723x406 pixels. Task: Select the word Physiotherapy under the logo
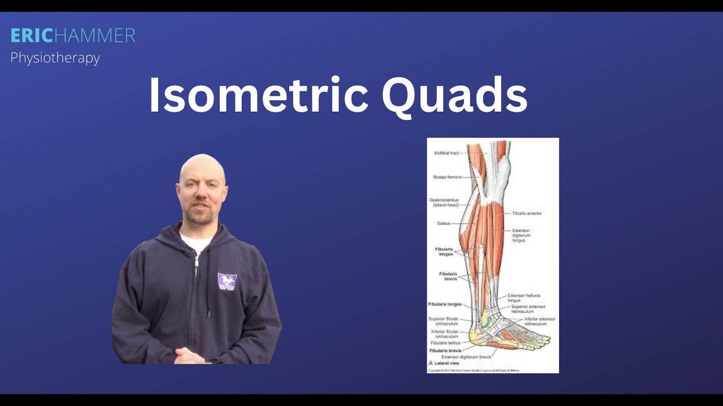[x=55, y=58]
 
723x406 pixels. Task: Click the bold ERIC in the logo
[x=32, y=36]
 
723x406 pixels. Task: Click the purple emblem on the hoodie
[x=227, y=282]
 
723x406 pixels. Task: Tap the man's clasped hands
[x=190, y=355]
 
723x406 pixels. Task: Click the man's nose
[x=198, y=197]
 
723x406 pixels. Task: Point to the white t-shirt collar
[x=195, y=243]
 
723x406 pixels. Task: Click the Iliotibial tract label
[x=446, y=153]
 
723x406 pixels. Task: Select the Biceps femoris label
[x=447, y=177]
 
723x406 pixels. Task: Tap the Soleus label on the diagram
[x=443, y=223]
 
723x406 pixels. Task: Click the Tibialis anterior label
[x=527, y=213]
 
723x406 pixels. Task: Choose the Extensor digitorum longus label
[x=521, y=235]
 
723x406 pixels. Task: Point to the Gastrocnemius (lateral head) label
[x=446, y=202]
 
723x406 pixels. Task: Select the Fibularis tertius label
[x=445, y=343]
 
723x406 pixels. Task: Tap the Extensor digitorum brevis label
[x=466, y=357]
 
